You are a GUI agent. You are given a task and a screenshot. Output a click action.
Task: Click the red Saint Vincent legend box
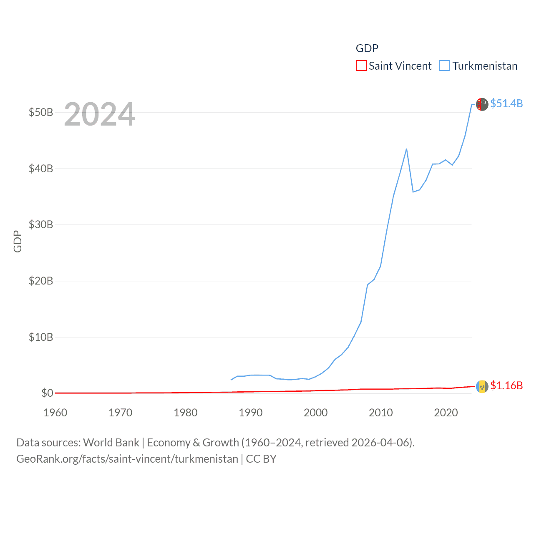point(361,66)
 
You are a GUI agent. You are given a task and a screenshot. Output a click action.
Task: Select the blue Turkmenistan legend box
point(445,66)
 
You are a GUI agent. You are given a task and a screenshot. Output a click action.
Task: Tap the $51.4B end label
point(506,103)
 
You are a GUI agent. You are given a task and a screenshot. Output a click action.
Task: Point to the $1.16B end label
point(506,385)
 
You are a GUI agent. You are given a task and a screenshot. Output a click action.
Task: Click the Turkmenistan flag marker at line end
point(482,104)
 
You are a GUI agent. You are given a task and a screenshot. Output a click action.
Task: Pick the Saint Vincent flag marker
point(482,387)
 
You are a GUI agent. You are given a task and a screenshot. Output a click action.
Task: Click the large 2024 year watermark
point(100,114)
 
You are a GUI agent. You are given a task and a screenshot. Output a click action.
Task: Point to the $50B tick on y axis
point(41,113)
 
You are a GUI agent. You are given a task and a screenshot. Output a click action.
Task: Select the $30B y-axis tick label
point(41,225)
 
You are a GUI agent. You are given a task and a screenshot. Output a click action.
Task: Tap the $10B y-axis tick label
point(41,337)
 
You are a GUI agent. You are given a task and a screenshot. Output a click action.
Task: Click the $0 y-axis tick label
point(47,393)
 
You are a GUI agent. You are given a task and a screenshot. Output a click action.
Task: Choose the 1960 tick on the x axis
point(55,413)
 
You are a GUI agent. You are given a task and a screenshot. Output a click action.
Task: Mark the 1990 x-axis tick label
point(251,413)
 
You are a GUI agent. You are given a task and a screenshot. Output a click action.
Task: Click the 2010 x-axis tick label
point(381,413)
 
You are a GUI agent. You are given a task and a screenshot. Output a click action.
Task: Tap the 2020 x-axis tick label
point(446,413)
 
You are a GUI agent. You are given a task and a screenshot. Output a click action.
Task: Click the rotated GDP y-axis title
point(18,241)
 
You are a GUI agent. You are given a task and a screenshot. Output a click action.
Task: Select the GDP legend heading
point(367,48)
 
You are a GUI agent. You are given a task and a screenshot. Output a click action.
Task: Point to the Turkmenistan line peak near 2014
point(406,149)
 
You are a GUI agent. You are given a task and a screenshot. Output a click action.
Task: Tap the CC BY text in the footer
point(261,459)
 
